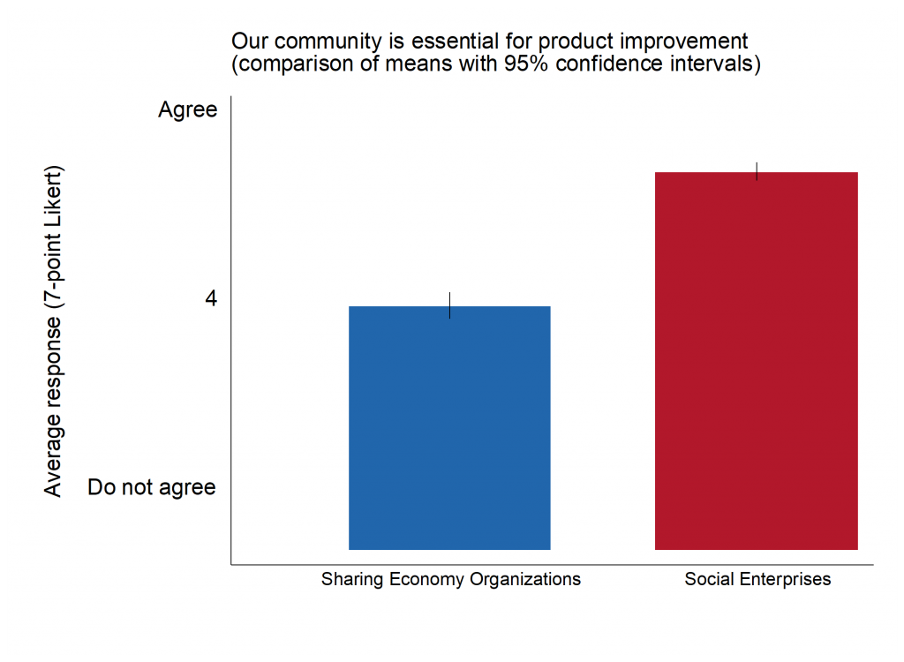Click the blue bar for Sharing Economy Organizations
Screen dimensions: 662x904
449,428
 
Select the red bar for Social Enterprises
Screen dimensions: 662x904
756,361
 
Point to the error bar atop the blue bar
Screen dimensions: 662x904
450,305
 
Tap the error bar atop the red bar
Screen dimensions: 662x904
757,171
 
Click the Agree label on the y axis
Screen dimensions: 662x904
187,110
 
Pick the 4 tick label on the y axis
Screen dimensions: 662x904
210,299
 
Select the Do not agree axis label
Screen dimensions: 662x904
152,487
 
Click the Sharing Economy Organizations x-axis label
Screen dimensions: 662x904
451,580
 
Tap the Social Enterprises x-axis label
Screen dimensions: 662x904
757,580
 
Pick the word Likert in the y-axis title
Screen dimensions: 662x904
54,199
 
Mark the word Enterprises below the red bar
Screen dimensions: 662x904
792,580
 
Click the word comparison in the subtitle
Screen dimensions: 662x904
286,65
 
